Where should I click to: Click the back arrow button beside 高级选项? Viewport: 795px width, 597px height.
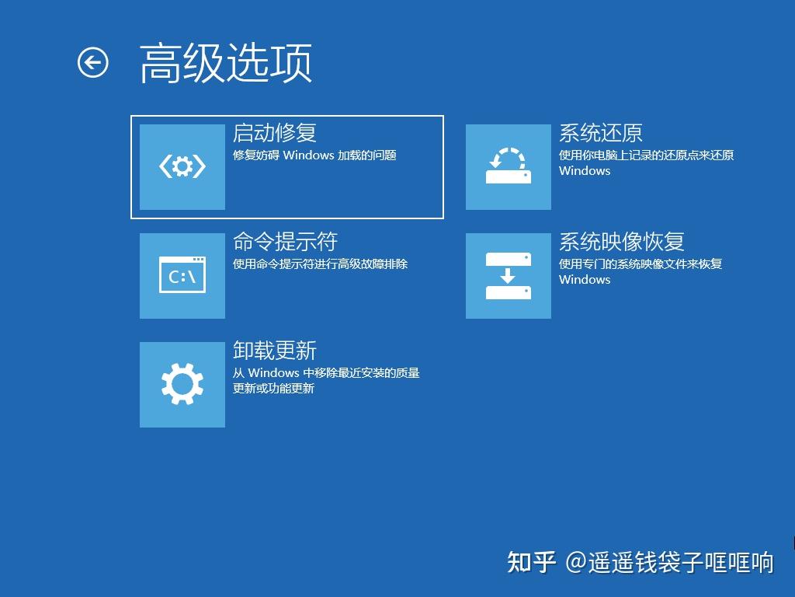click(x=93, y=63)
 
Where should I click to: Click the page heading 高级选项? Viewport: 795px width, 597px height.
click(x=226, y=64)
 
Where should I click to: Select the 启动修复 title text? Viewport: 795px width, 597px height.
click(x=275, y=133)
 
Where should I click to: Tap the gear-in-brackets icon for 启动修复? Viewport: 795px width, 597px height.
click(x=182, y=166)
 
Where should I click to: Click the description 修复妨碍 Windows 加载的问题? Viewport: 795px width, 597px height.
click(x=314, y=155)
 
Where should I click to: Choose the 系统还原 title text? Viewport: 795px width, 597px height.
click(x=601, y=133)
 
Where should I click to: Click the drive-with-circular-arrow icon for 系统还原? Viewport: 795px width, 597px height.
click(x=509, y=166)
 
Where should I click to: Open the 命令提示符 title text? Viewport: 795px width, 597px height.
click(x=285, y=242)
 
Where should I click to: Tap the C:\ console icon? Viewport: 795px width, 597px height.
click(x=182, y=275)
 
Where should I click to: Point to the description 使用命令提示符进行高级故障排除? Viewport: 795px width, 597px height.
click(x=320, y=264)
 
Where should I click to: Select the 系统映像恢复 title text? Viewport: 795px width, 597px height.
click(x=622, y=242)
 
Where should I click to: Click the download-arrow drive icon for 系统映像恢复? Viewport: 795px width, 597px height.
click(x=509, y=275)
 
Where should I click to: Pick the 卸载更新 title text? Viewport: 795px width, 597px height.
click(x=275, y=351)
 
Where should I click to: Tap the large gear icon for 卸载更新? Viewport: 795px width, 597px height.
click(x=182, y=384)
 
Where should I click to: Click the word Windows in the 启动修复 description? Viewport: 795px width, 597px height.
click(x=308, y=155)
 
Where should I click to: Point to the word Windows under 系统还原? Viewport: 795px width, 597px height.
click(x=585, y=171)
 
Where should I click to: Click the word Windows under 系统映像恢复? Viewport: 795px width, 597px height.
click(x=585, y=280)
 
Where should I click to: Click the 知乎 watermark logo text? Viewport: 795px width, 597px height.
click(x=532, y=562)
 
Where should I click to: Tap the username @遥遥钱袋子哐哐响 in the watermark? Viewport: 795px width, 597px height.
click(x=669, y=562)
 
